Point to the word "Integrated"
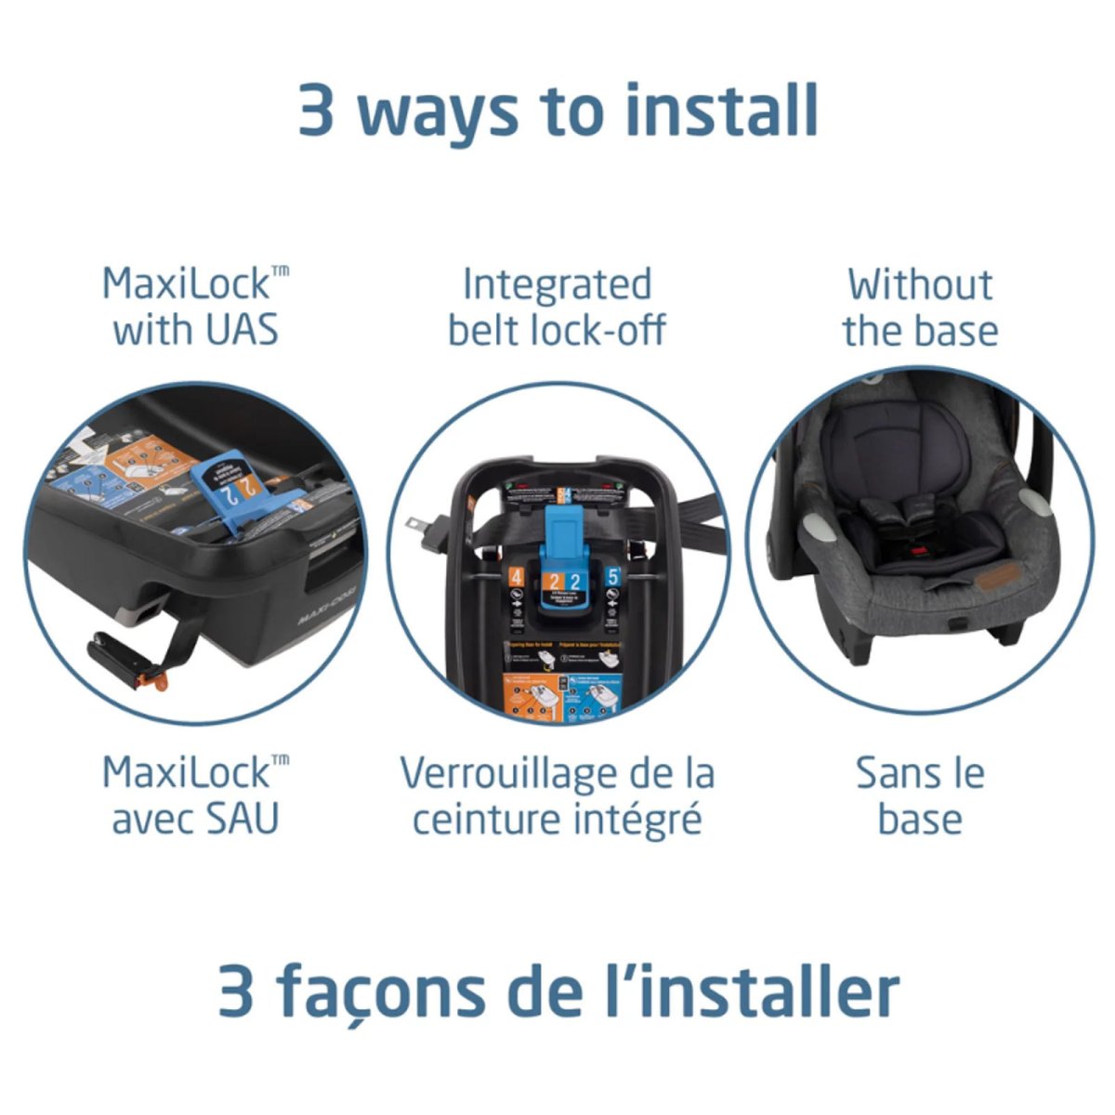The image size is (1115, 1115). coord(557,285)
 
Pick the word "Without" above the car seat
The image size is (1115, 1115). coord(919,284)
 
